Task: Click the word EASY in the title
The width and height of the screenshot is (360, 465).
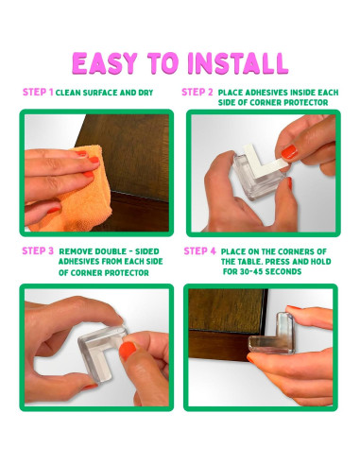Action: tap(105, 63)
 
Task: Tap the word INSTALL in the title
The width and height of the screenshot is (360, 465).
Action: tap(238, 63)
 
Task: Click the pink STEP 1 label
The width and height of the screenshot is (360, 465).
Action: tap(38, 92)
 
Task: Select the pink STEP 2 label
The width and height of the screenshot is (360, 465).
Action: tap(197, 92)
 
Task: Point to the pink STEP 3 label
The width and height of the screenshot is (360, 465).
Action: tap(38, 251)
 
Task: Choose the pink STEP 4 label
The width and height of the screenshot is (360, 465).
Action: tap(200, 251)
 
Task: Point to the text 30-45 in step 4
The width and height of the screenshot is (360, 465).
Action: tap(250, 271)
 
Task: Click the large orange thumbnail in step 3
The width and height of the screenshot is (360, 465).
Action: tap(128, 351)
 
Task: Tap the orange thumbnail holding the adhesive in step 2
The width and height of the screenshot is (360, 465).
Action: tap(289, 152)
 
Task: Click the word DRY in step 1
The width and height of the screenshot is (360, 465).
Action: tap(146, 93)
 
